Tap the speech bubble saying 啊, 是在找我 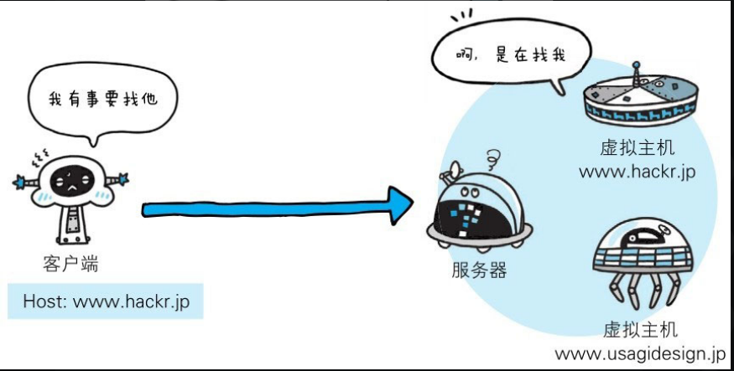click(x=504, y=56)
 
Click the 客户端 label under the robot click(x=70, y=265)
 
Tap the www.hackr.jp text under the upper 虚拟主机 click(x=638, y=172)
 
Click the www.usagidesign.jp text click(x=641, y=353)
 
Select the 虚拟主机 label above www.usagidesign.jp click(x=640, y=329)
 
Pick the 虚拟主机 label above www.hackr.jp click(x=638, y=149)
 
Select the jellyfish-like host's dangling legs click(x=642, y=289)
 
